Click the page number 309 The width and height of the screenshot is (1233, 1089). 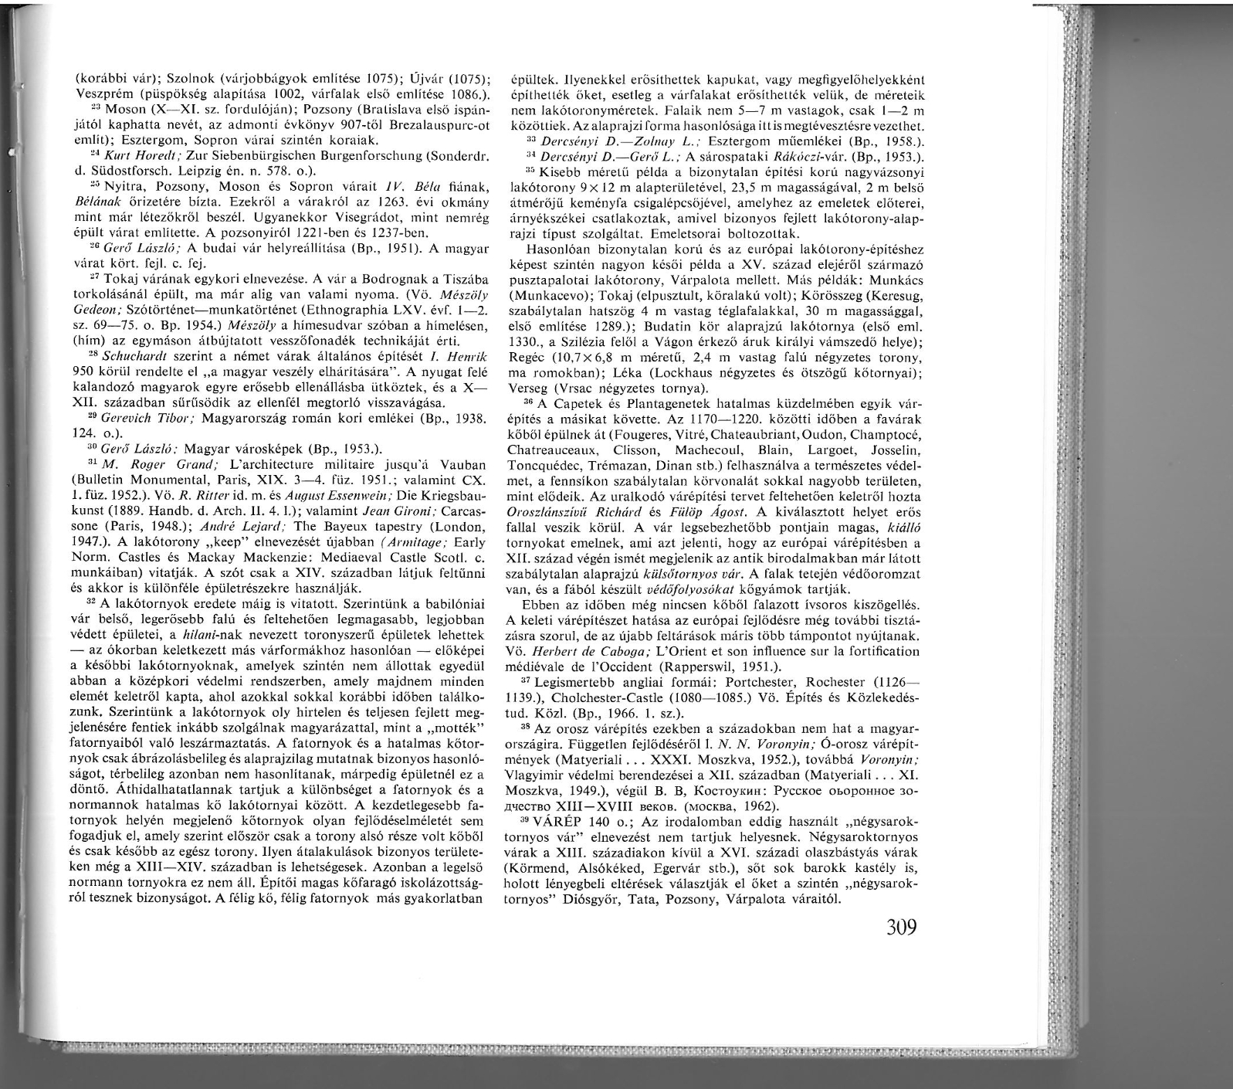[x=900, y=926]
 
